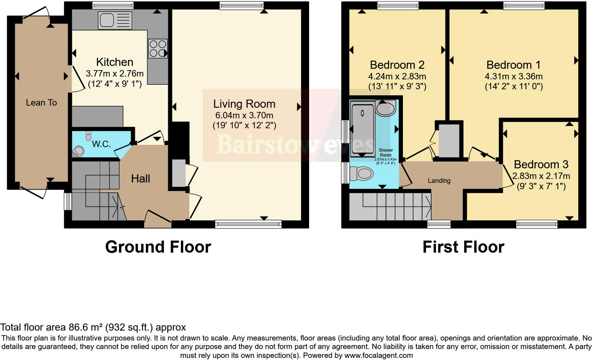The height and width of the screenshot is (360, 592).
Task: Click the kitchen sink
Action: pyautogui.click(x=115, y=20)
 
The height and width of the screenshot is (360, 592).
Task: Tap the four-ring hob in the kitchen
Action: pyautogui.click(x=158, y=49)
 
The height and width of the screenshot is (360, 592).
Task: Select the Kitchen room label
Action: pyautogui.click(x=115, y=62)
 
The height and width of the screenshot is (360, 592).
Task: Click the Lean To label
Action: pyautogui.click(x=41, y=103)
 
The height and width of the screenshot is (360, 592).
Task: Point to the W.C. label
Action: pyautogui.click(x=101, y=144)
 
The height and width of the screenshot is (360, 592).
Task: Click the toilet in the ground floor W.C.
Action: pyautogui.click(x=78, y=152)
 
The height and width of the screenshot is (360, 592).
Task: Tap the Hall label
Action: pyautogui.click(x=141, y=179)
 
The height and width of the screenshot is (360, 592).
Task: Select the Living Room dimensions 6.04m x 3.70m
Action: pyautogui.click(x=244, y=115)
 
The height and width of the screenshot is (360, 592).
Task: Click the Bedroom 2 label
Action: pyautogui.click(x=397, y=65)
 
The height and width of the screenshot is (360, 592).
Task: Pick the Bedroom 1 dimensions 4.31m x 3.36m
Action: pyautogui.click(x=513, y=76)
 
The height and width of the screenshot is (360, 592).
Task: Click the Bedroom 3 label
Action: pyautogui.click(x=541, y=164)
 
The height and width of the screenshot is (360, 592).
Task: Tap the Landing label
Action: pyautogui.click(x=439, y=181)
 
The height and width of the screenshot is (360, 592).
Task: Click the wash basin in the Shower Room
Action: pyautogui.click(x=386, y=108)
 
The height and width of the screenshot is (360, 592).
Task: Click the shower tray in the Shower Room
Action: pyautogui.click(x=362, y=129)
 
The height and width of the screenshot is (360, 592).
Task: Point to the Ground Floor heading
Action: pyautogui.click(x=158, y=247)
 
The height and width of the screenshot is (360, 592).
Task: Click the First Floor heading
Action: pyautogui.click(x=463, y=247)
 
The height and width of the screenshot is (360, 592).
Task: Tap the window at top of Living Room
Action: pyautogui.click(x=241, y=5)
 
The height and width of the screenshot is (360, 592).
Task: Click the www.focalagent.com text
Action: pyautogui.click(x=378, y=355)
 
